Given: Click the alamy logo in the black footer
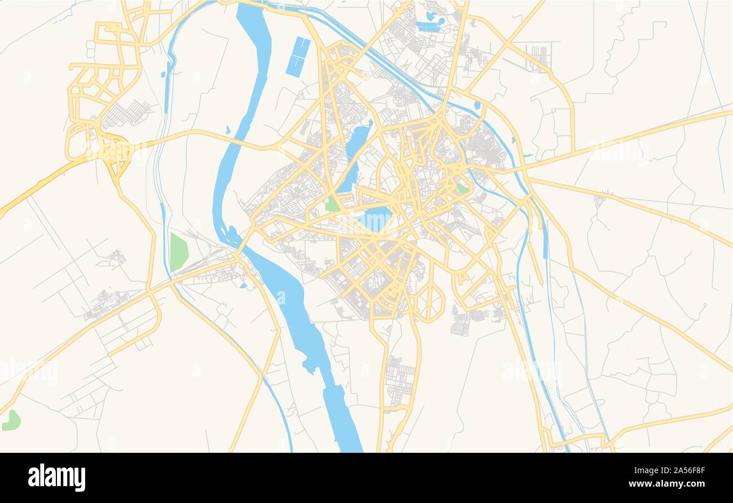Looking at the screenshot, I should click(x=56, y=478).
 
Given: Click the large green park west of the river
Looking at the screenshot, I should click(x=178, y=252).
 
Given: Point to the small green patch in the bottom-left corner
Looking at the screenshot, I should click(x=11, y=421).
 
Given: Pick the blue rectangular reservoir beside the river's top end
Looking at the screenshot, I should click(x=298, y=56).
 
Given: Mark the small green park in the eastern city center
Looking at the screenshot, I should click(x=462, y=188).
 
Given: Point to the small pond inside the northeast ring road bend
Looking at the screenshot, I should click(x=477, y=105).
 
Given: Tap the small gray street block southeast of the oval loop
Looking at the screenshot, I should click(x=461, y=324).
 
